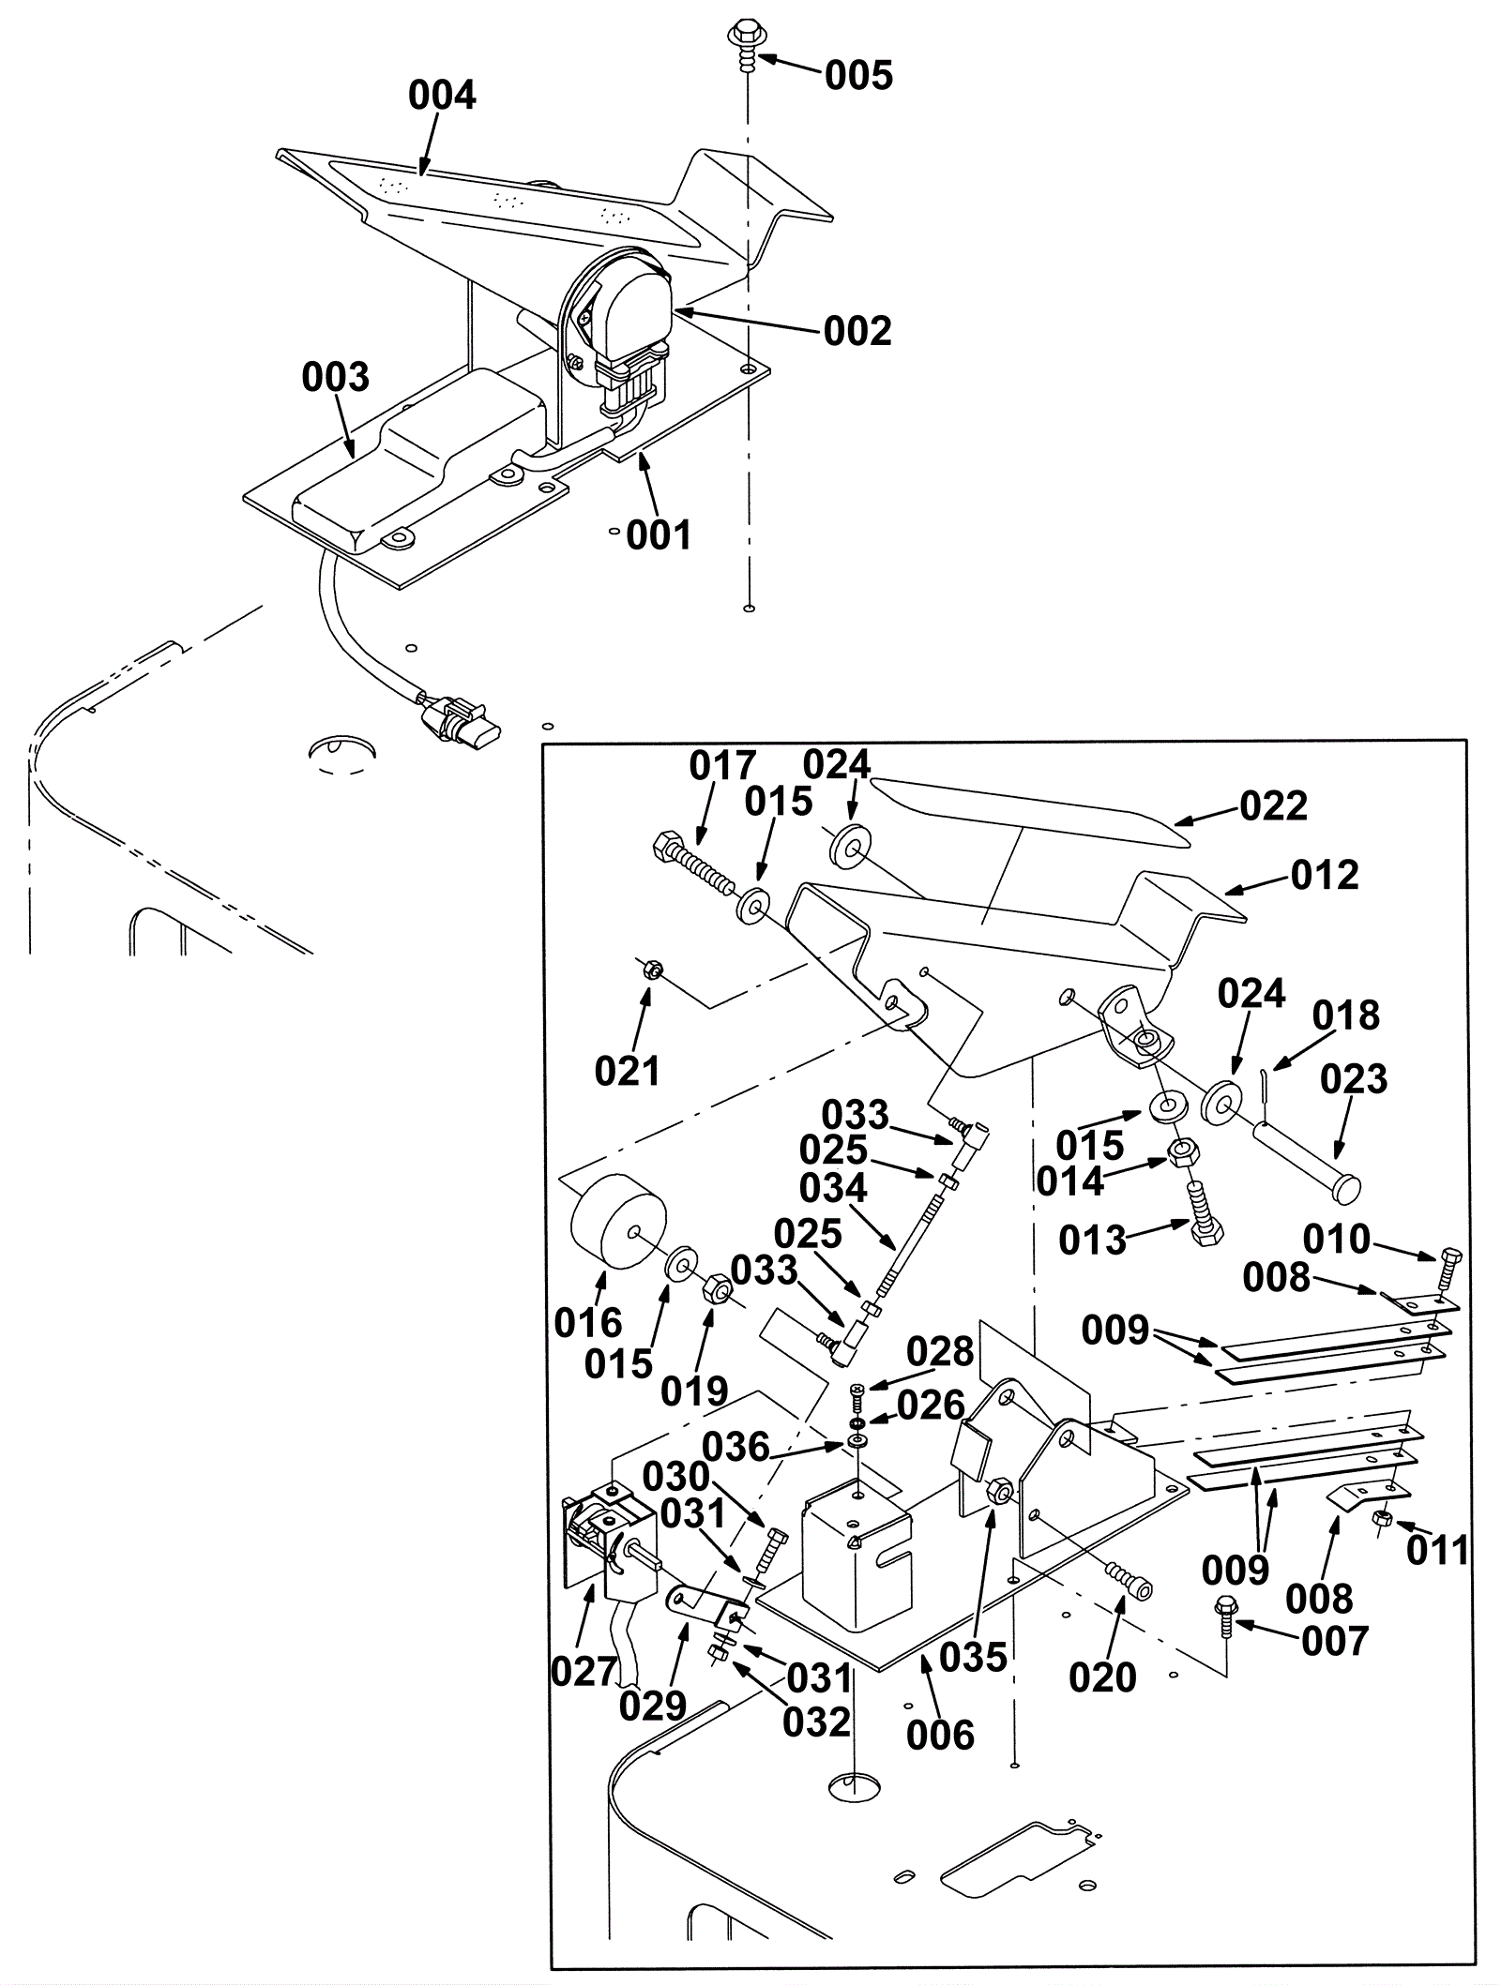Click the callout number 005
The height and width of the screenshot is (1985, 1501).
[858, 75]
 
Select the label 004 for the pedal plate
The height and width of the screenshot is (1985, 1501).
[442, 96]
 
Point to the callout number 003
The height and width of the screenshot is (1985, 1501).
[336, 378]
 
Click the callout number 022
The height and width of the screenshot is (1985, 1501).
[1273, 806]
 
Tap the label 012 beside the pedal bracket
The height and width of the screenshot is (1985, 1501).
[1324, 876]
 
